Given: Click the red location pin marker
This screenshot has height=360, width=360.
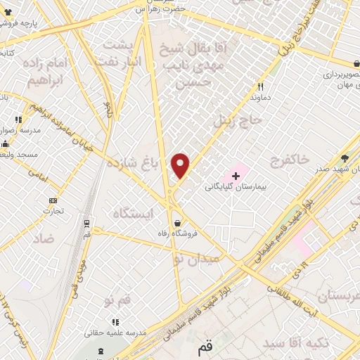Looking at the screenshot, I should (x=181, y=165).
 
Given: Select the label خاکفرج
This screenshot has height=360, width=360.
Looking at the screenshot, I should (x=289, y=161).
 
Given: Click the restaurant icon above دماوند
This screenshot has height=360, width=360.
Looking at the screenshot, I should (x=260, y=87).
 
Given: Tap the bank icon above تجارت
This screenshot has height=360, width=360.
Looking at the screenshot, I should (x=52, y=200).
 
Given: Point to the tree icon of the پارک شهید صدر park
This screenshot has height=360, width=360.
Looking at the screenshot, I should (x=344, y=158).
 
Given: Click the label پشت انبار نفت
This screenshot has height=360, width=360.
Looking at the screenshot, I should (x=122, y=53).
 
